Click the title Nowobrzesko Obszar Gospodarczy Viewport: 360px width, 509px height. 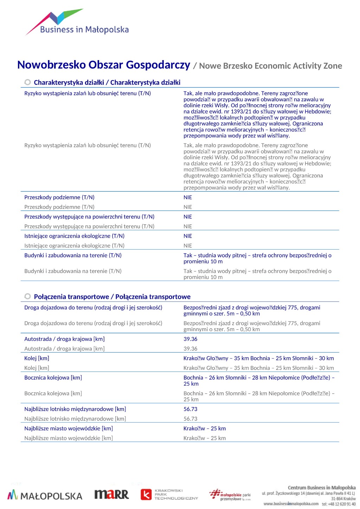click(x=104, y=65)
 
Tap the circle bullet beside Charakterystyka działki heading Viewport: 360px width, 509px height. click(x=27, y=82)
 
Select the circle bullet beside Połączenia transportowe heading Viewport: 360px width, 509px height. click(x=27, y=296)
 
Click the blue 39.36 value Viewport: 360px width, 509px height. click(x=190, y=339)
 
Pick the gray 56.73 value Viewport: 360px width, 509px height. click(x=190, y=419)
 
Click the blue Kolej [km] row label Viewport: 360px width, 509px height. click(x=37, y=358)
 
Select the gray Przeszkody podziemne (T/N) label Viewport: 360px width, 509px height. click(x=59, y=207)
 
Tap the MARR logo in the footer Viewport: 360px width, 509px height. click(x=111, y=495)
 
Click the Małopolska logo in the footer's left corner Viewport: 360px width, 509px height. click(x=45, y=495)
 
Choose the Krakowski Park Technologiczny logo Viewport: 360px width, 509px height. click(x=169, y=494)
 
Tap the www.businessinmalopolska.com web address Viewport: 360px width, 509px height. click(x=291, y=504)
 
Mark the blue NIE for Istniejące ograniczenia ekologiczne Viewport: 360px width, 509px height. click(x=188, y=236)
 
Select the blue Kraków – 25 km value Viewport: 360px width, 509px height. click(x=204, y=429)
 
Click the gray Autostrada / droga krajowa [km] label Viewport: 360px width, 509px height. click(x=64, y=349)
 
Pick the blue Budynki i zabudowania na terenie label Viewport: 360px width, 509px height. click(x=73, y=255)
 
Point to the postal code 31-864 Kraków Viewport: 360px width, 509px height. click(x=343, y=498)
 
